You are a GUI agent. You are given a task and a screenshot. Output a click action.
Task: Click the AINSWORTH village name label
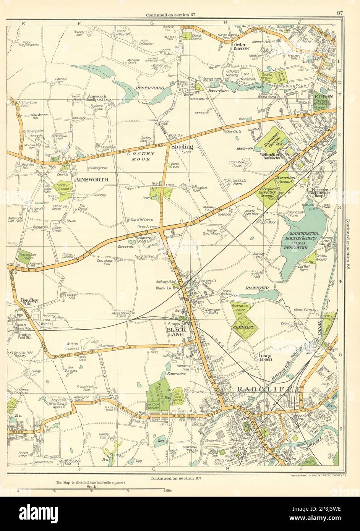pos(92,179)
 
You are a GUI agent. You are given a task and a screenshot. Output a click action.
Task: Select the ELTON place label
pos(324,97)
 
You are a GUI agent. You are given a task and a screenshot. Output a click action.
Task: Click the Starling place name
pos(182,147)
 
